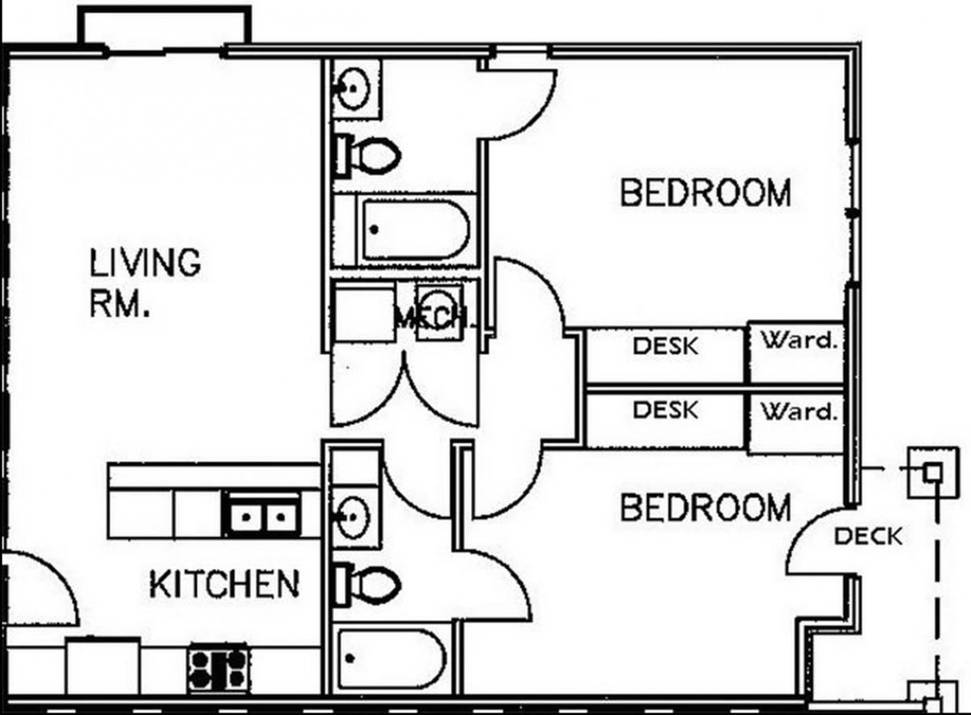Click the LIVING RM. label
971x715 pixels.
point(145,282)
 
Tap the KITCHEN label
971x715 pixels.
point(224,584)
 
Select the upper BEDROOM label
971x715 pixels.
point(706,192)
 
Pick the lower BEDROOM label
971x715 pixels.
point(706,507)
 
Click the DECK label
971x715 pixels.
point(868,536)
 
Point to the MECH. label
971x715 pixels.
point(434,319)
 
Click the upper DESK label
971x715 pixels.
point(666,346)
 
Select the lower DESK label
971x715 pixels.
point(666,410)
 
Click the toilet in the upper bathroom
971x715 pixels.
point(367,156)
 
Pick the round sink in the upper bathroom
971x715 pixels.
point(354,89)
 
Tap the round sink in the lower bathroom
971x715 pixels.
point(354,517)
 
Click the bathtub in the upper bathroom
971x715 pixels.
point(416,230)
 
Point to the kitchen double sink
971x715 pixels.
point(263,514)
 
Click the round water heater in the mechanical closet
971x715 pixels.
point(438,306)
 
